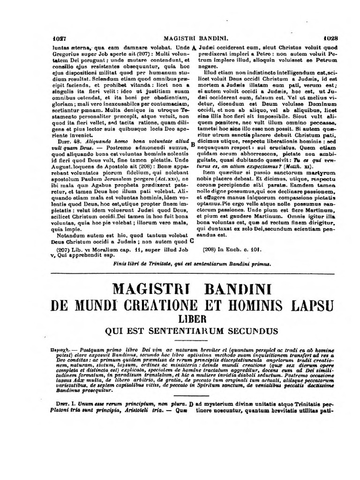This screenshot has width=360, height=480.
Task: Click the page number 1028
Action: [x=335, y=39]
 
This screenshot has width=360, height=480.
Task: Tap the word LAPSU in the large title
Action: [x=308, y=304]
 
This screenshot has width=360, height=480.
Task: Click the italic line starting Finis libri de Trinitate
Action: [x=192, y=263]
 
